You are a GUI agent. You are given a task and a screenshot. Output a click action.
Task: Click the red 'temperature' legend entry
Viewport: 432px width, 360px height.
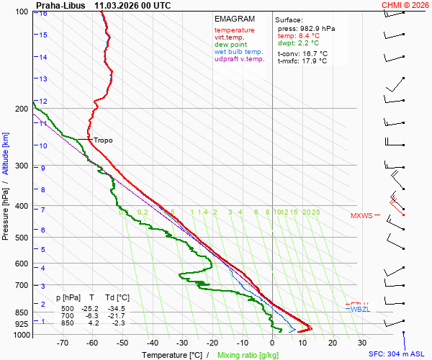(234, 30)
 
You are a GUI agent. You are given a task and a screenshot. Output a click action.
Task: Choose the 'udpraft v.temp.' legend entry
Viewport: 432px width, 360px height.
(240, 59)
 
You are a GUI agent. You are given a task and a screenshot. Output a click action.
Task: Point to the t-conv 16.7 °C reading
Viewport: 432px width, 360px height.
(302, 53)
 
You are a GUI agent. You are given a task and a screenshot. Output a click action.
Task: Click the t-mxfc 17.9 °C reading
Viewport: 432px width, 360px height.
(303, 61)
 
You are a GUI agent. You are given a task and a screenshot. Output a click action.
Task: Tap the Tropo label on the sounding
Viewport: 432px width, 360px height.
(103, 140)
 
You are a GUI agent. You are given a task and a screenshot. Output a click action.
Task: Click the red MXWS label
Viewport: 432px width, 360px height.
(361, 215)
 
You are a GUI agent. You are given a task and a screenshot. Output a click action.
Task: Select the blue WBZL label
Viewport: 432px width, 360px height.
(359, 309)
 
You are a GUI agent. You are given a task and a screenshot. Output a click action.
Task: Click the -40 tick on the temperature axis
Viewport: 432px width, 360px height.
(152, 344)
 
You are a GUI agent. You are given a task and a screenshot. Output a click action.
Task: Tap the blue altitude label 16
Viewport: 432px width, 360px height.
(44, 13)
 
